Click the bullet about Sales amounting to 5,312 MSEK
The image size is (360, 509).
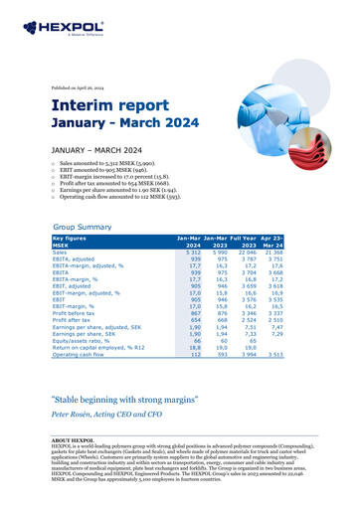click(x=120, y=160)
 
